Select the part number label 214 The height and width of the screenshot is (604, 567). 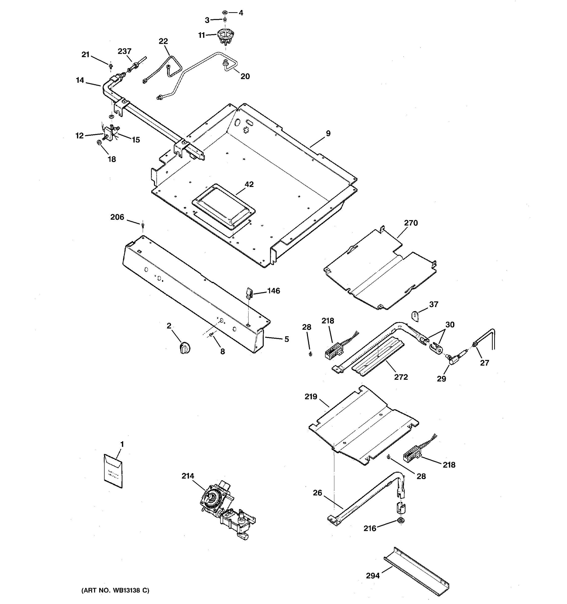[188, 476]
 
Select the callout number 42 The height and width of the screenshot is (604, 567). [249, 184]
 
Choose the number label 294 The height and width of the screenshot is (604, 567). [373, 576]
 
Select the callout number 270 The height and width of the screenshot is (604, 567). [411, 223]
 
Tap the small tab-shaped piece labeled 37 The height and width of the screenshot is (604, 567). [416, 316]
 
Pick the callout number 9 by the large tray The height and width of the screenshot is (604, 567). [328, 133]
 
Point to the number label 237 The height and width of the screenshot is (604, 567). [124, 51]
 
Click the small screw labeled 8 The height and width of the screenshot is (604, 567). [211, 334]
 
